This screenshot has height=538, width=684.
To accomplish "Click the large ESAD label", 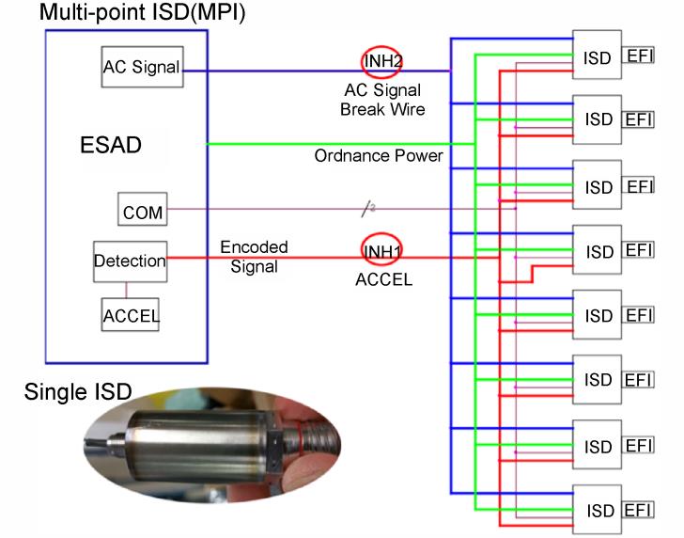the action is coord(111,145).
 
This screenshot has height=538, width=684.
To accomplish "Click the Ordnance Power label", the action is coord(379,156).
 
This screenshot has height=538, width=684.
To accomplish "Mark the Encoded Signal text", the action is coord(254,257).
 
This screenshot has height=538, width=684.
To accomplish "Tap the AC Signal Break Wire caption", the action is coord(382,100).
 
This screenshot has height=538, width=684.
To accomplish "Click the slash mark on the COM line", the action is coord(367,209).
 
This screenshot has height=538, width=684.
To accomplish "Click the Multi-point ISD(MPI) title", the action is coord(142,12).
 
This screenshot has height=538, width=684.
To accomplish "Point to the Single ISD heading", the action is coord(78,391).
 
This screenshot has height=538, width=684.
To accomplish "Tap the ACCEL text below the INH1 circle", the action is coord(384,279).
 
